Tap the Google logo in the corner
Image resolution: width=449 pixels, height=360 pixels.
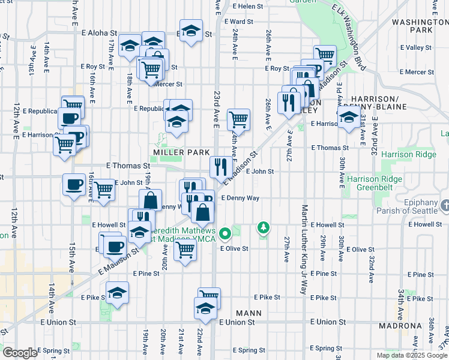point(20,353)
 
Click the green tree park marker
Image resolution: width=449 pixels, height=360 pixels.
point(263,227)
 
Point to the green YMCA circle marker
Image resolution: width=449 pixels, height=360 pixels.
point(225,233)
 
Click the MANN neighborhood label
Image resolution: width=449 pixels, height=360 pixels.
point(249,313)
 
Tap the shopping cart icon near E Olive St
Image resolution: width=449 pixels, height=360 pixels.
point(185,248)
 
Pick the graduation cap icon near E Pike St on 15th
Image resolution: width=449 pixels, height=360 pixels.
point(117,293)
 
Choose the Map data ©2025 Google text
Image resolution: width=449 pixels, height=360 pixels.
point(411,355)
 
